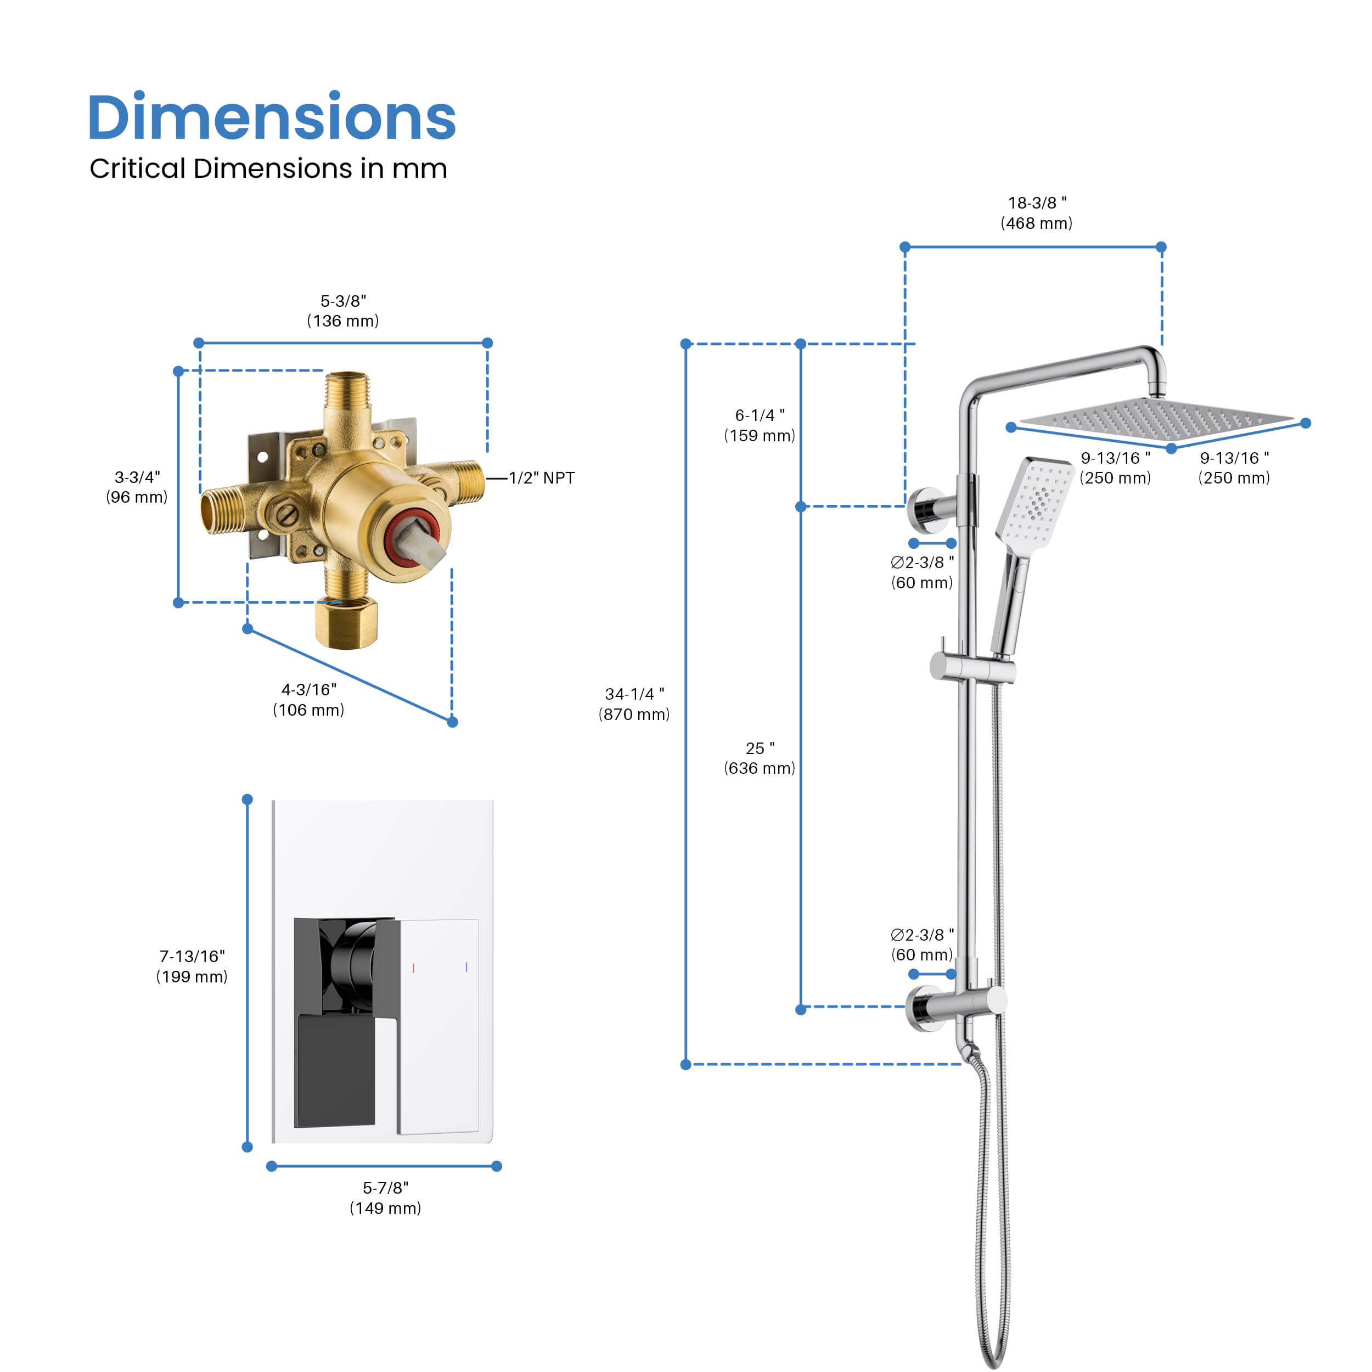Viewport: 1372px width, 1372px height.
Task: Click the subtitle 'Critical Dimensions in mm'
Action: point(268,169)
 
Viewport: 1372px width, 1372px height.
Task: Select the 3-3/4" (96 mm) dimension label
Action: point(137,487)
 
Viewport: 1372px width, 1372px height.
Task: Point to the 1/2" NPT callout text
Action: point(542,478)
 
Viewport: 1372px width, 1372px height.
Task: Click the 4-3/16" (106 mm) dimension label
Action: point(309,700)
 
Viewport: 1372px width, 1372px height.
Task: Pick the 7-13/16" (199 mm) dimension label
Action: point(192,966)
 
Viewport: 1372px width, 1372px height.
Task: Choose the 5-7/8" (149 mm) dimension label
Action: point(386,1198)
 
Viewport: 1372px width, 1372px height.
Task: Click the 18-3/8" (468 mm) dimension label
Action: point(1037,213)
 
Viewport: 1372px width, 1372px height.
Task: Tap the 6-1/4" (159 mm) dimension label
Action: point(760,425)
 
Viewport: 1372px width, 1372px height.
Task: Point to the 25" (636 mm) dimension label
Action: point(760,758)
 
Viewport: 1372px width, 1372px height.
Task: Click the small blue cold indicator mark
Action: point(466,966)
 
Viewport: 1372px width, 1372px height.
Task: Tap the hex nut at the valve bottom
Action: point(346,622)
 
